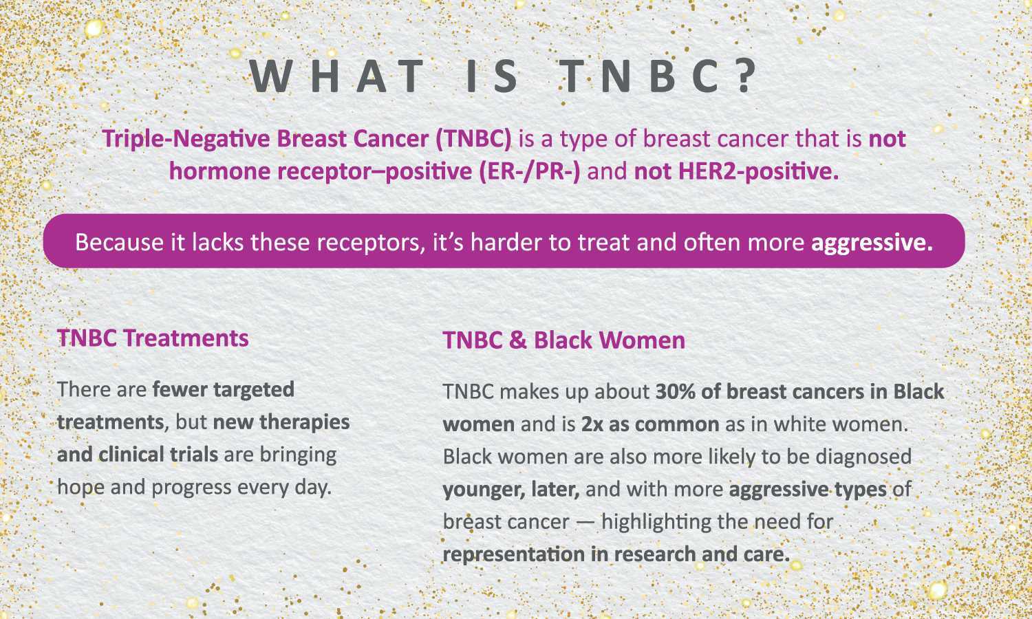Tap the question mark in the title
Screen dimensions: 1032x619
pos(745,76)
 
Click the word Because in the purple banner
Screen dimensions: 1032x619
pos(119,242)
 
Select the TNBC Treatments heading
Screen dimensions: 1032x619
pos(153,338)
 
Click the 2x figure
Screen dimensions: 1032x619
pos(592,424)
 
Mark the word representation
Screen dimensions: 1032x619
pos(514,554)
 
